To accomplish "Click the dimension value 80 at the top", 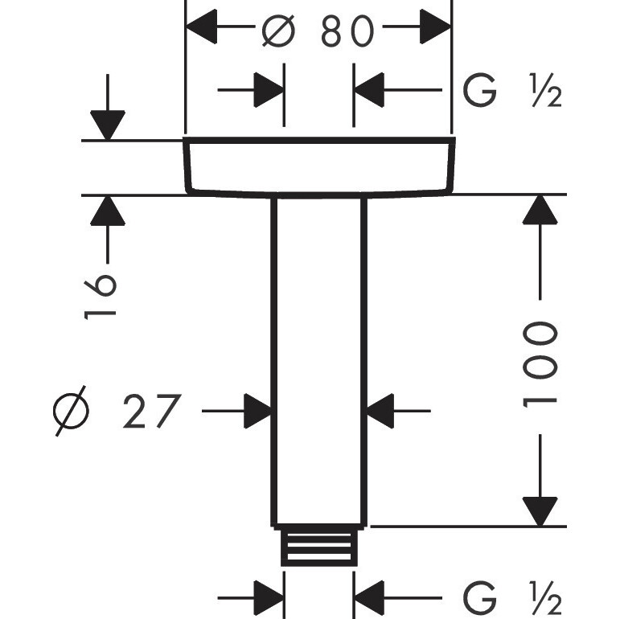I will (348, 32).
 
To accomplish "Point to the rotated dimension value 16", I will (101, 296).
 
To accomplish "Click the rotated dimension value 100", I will (540, 363).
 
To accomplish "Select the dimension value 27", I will (150, 412).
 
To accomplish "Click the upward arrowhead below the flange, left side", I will (107, 211).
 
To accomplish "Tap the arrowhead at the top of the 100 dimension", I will (540, 211).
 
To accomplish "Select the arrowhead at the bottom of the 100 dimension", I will (540, 511).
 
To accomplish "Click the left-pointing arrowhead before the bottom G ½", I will (370, 598).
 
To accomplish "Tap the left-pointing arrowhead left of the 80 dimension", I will (203, 31).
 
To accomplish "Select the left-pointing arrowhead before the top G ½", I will (370, 90).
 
